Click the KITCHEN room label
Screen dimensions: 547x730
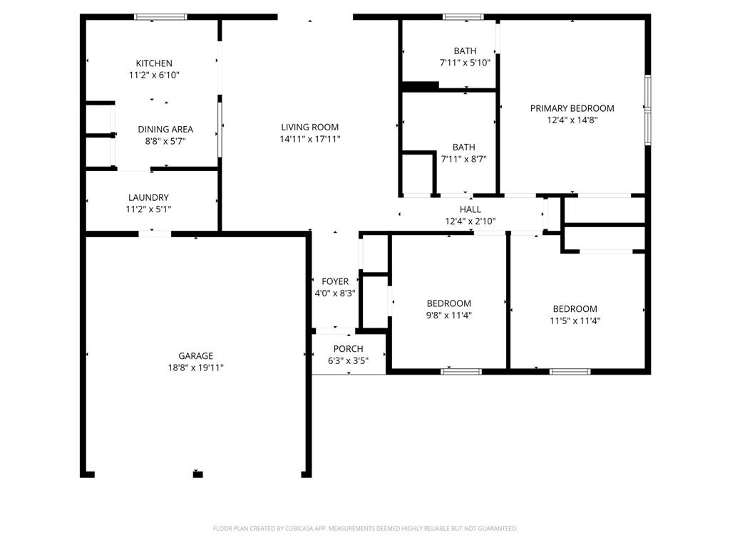point(154,63)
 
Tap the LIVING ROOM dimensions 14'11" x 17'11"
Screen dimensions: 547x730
point(309,139)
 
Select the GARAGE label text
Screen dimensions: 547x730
point(195,356)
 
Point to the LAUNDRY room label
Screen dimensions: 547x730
point(148,197)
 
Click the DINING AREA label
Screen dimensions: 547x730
point(165,129)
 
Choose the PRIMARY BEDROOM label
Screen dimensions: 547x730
point(572,108)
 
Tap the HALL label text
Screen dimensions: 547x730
point(470,209)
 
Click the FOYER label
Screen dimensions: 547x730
point(335,281)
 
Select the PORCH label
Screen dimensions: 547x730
point(348,349)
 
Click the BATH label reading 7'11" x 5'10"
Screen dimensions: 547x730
point(465,51)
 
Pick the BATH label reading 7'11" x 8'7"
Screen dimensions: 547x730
point(463,147)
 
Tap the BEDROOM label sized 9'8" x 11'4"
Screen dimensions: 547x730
point(448,303)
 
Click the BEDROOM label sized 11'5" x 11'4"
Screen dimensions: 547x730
point(575,309)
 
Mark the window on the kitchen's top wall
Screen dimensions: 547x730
point(160,16)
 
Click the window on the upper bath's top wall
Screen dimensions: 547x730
point(463,16)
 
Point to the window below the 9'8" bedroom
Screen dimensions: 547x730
point(461,370)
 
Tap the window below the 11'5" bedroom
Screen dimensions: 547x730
point(570,370)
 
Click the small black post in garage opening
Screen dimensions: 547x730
point(197,474)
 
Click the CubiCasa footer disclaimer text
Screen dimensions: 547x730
point(365,528)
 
